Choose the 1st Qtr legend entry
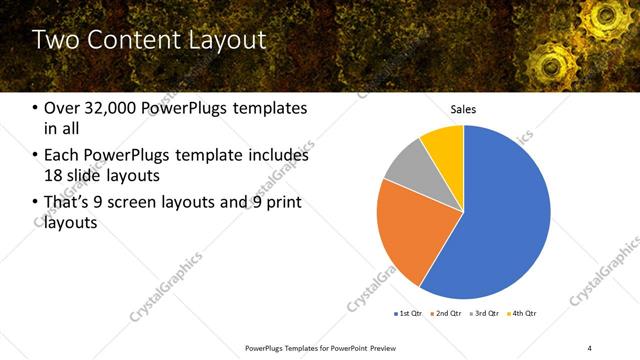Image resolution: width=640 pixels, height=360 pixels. click(409, 314)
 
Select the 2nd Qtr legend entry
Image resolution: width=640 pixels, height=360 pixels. click(447, 314)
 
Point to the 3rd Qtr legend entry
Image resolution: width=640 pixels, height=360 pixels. click(485, 314)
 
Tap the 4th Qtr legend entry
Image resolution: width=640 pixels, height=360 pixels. click(523, 314)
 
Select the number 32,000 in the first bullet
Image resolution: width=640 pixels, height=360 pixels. click(109, 108)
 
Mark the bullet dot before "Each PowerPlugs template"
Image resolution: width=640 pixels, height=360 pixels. click(36, 156)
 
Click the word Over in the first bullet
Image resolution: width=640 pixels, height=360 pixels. click(62, 108)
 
